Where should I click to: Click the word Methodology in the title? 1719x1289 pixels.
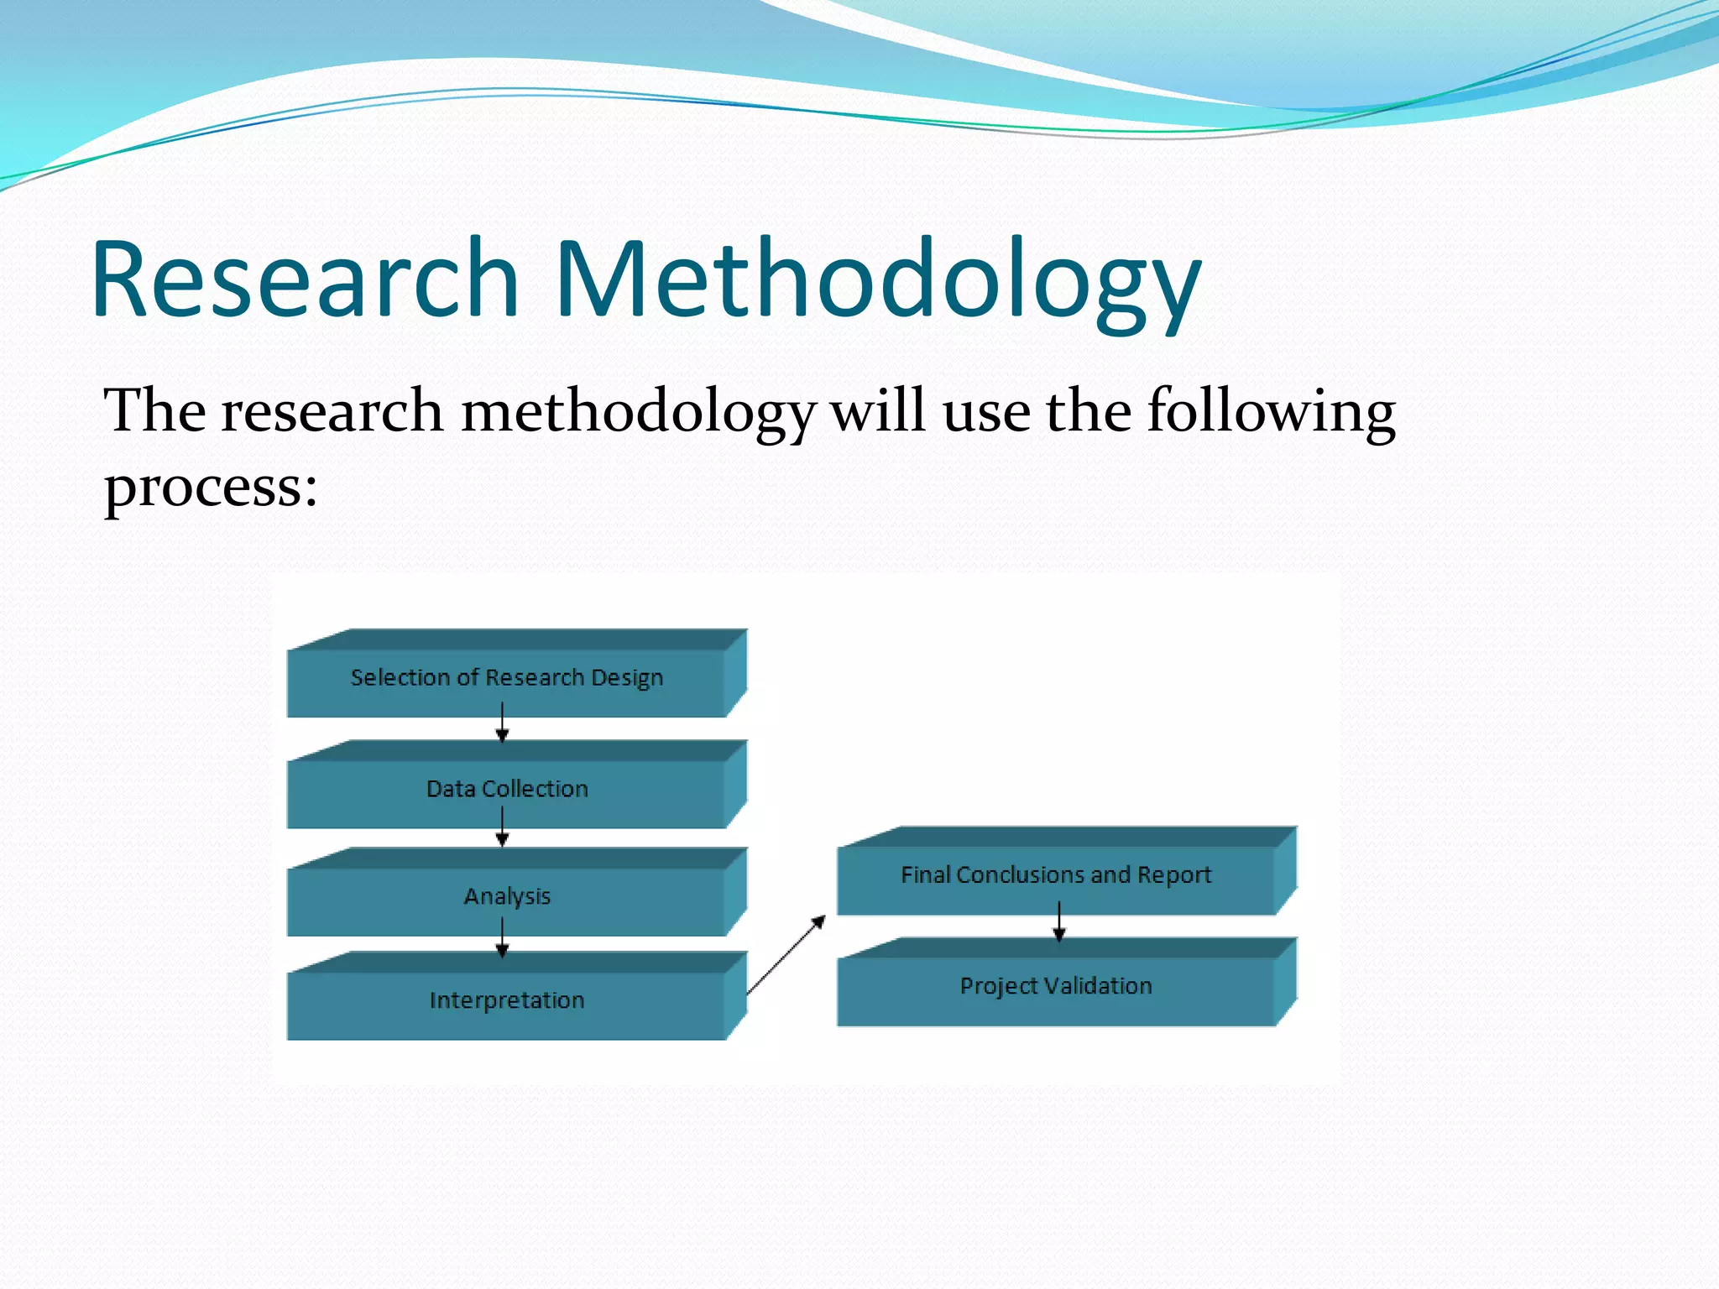[877, 281]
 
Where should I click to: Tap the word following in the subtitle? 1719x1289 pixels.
[1271, 413]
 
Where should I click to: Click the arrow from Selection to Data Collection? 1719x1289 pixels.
[502, 723]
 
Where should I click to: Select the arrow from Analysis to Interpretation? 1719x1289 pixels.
[502, 937]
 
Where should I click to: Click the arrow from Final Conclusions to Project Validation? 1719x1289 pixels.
[1059, 922]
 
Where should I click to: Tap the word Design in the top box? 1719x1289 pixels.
[626, 678]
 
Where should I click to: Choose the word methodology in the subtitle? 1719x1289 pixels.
[638, 413]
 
